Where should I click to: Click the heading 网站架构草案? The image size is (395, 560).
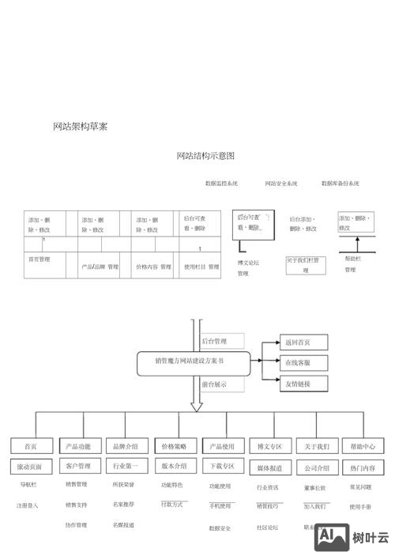click(x=80, y=127)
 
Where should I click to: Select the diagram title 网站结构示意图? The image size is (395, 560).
click(x=205, y=156)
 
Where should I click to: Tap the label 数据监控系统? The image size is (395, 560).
click(x=221, y=184)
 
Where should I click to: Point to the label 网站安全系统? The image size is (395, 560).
click(x=281, y=184)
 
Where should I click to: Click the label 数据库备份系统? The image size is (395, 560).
click(x=340, y=184)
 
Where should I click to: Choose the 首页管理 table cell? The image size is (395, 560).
click(x=39, y=259)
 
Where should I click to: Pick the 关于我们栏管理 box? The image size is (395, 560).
click(x=306, y=264)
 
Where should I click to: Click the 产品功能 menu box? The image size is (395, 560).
click(x=79, y=446)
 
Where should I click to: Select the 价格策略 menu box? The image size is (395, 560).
click(x=174, y=446)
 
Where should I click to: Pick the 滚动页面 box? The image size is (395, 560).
click(x=32, y=467)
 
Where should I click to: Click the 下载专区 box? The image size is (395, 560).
click(x=221, y=467)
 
